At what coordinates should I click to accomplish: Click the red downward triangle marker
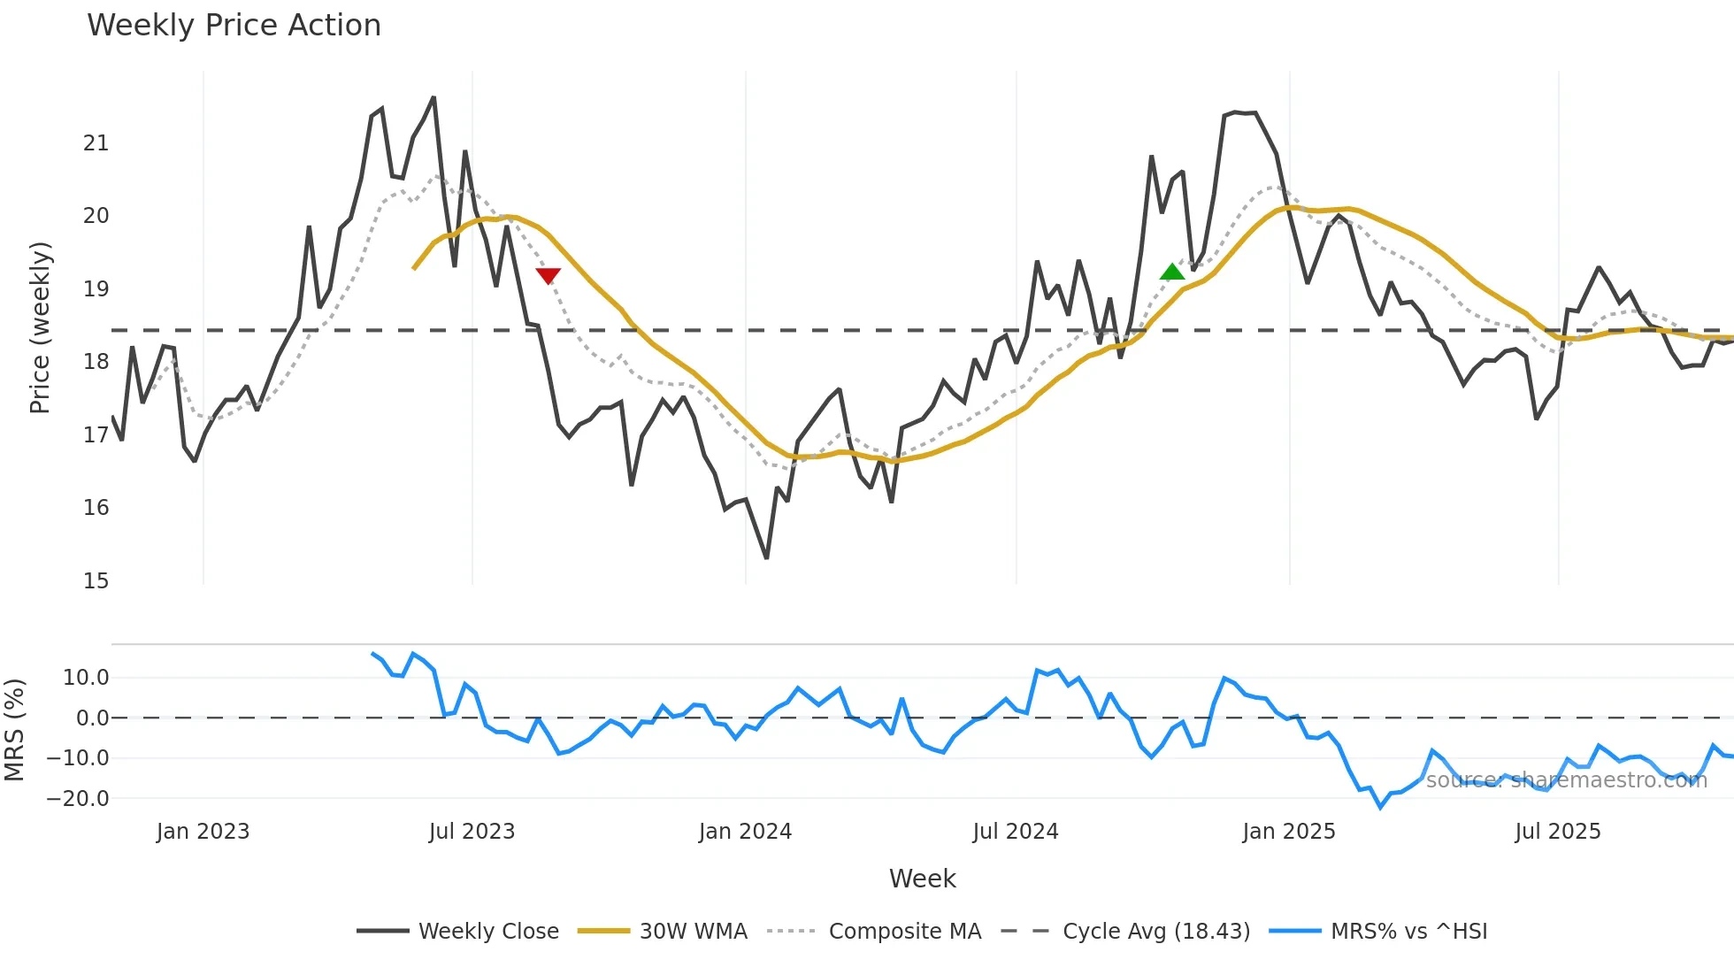(549, 275)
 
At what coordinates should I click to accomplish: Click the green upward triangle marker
(1172, 273)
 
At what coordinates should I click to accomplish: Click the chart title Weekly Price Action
(234, 26)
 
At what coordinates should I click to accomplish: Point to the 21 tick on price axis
(96, 143)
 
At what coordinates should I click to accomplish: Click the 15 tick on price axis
(96, 581)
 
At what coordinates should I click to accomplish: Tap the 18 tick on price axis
(96, 362)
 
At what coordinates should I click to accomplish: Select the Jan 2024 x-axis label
(745, 832)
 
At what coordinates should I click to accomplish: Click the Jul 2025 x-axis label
(1558, 832)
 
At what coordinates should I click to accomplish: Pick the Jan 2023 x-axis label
(203, 832)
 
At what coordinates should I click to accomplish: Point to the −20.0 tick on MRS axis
(78, 799)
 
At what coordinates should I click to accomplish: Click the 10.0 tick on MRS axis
(86, 678)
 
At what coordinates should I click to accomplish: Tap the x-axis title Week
(922, 879)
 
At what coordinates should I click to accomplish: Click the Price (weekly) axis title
(40, 327)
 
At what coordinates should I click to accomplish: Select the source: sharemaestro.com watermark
(1566, 780)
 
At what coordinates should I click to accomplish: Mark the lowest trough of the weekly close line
(766, 557)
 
